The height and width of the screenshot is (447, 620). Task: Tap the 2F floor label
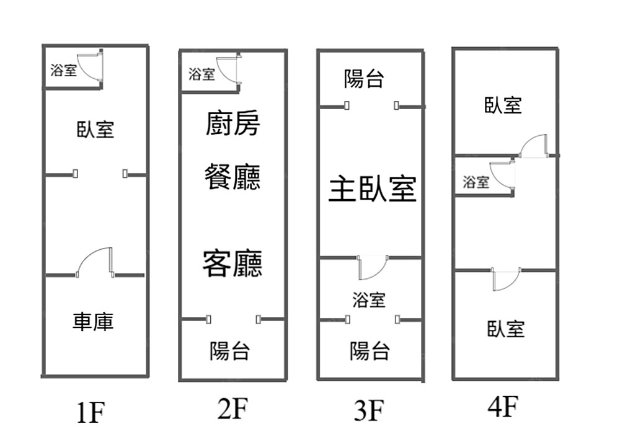[232, 409]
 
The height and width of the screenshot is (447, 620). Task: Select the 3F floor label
[370, 410]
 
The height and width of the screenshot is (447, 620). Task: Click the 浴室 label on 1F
[64, 69]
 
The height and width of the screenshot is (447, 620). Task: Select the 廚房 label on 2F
[232, 123]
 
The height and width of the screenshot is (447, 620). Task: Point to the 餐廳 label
[232, 177]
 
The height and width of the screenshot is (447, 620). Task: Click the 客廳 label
[232, 263]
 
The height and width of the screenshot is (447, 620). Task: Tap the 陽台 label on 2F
[229, 352]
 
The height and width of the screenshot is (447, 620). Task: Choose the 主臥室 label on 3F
[372, 189]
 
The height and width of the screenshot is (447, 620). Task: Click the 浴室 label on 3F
[369, 300]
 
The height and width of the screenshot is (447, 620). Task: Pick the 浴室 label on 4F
[476, 182]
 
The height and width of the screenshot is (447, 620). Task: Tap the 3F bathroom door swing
[372, 268]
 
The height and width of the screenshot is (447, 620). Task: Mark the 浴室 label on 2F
[201, 74]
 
